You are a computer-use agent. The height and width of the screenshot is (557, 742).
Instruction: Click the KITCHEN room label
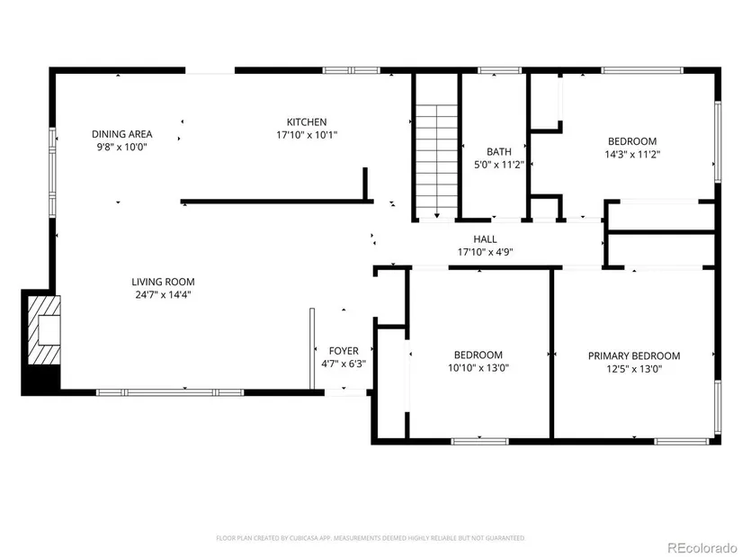point(307,122)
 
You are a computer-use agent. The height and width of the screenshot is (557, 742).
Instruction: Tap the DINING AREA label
point(122,134)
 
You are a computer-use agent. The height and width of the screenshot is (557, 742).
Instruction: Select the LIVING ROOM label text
point(164,283)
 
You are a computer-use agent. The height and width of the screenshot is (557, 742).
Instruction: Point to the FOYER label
point(344,351)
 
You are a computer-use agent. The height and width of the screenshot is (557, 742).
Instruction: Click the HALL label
point(485,239)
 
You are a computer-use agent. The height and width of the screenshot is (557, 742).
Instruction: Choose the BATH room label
point(499,152)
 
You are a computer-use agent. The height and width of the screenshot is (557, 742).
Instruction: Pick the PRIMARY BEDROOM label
point(634,356)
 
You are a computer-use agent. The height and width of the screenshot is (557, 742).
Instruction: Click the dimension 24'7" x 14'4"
point(164,295)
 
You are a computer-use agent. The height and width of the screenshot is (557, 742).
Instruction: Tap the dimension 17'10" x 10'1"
point(307,135)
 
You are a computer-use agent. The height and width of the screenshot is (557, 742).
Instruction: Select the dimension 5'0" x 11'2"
point(499,165)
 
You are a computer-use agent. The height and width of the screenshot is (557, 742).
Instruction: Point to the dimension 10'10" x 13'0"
point(478,367)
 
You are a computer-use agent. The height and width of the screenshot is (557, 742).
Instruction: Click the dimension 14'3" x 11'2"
point(632,154)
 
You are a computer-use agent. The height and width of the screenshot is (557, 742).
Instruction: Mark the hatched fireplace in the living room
point(44,330)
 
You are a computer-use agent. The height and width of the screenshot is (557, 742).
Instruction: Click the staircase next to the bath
point(437,161)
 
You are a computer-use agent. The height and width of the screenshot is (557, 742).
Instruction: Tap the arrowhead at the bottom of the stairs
point(437,215)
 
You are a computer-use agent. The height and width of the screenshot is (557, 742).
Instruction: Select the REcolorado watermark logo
point(702,548)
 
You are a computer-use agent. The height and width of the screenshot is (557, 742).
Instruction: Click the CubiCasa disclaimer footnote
point(371,538)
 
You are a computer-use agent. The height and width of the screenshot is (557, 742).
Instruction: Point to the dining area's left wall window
point(52,173)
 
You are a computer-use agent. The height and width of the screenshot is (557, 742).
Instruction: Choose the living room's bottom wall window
point(170,392)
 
